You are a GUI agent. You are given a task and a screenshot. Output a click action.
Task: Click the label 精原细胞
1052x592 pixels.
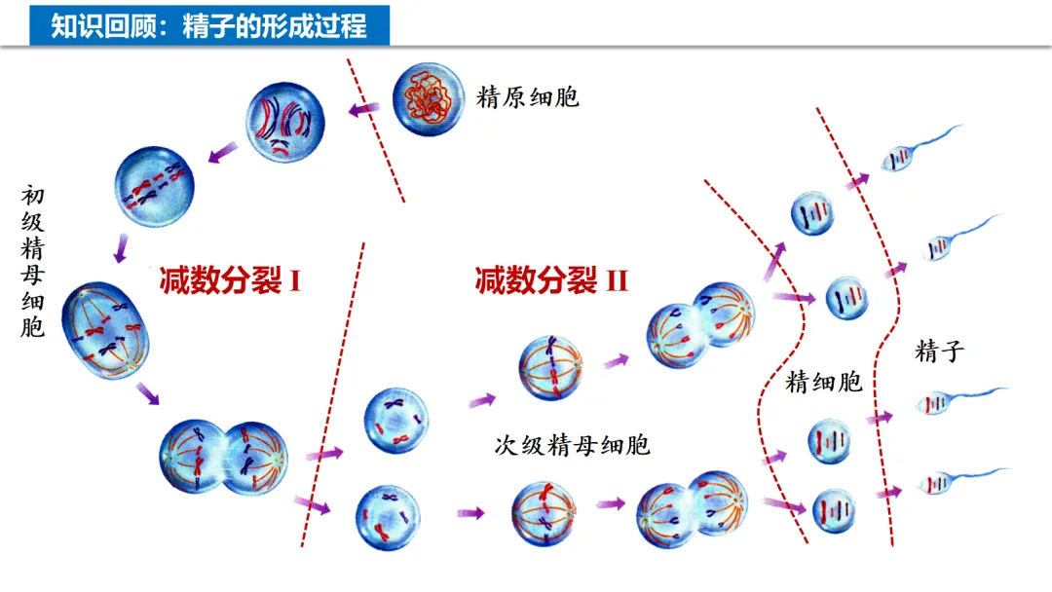[x=528, y=97]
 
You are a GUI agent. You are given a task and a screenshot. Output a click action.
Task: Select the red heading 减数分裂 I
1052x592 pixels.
[x=231, y=281]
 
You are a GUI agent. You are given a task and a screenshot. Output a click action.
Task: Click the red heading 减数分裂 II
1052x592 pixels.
[x=552, y=281]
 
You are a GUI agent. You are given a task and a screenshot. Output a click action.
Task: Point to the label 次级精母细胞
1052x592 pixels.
[x=573, y=446]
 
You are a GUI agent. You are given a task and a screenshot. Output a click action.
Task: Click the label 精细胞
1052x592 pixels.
[x=824, y=383]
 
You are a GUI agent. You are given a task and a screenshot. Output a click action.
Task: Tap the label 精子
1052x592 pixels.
[x=939, y=351]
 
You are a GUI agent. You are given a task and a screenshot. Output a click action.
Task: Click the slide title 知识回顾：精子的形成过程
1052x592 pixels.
[x=208, y=25]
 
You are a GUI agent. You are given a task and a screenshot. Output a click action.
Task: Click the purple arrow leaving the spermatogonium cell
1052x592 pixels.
[x=366, y=110]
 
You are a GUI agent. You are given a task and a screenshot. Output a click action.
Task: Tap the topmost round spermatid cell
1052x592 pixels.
[x=811, y=213]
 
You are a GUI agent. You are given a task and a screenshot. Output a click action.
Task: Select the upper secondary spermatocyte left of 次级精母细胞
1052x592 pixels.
[x=395, y=421]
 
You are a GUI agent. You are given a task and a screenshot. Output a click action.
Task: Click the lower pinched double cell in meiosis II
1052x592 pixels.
[x=691, y=504]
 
